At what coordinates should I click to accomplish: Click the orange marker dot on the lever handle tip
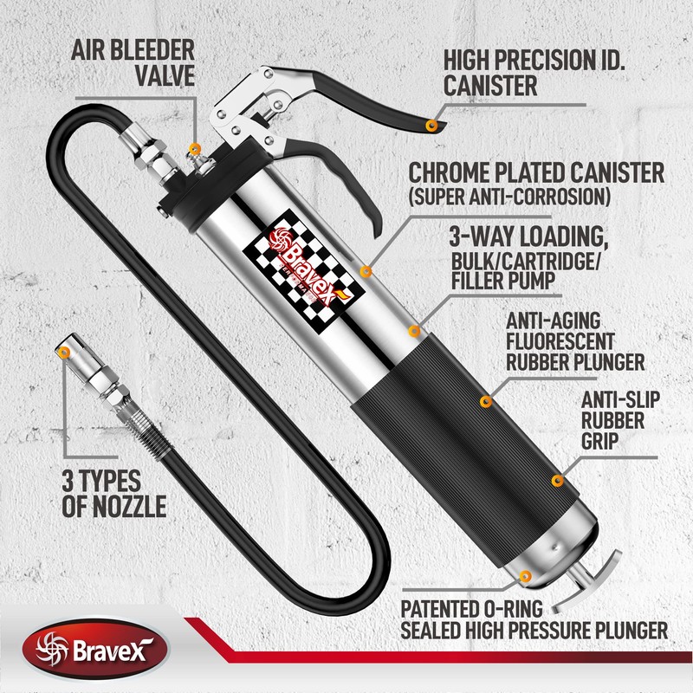(x=431, y=126)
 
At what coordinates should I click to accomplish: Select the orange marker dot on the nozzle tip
(x=65, y=351)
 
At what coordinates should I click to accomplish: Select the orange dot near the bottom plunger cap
(x=522, y=574)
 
